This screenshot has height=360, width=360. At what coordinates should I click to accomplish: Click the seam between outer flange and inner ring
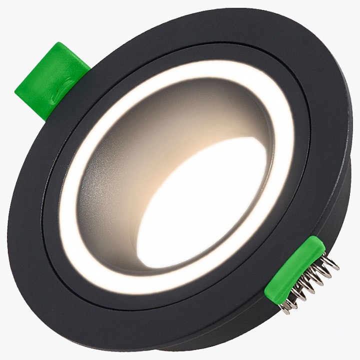pyautogui.click(x=50, y=200)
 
